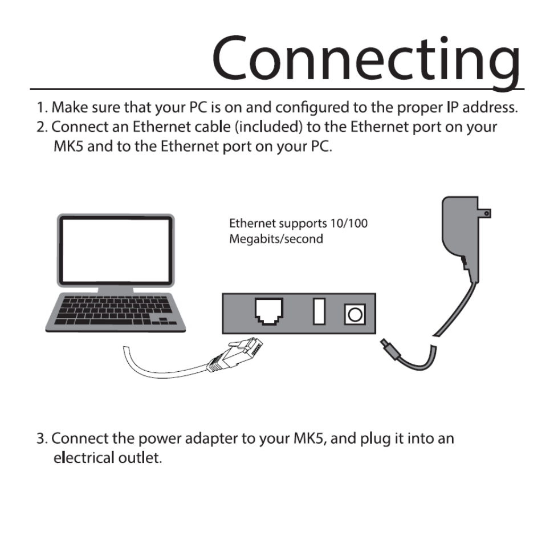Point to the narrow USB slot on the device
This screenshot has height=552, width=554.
319,312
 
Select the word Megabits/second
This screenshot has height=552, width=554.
276,238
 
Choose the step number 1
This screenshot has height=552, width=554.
40,108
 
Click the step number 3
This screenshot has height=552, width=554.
40,440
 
